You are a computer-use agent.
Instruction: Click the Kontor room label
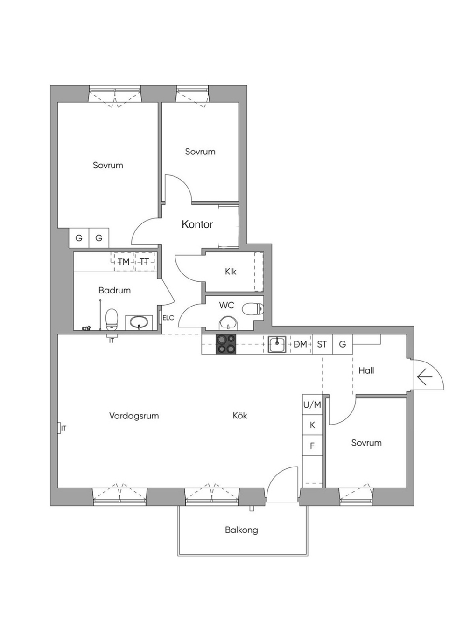pyautogui.click(x=197, y=224)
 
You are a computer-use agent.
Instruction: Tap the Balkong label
pyautogui.click(x=241, y=530)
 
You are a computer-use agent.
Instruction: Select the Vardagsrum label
pyautogui.click(x=134, y=416)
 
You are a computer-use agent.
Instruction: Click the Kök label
pyautogui.click(x=239, y=415)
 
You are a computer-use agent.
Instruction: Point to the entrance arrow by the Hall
pyautogui.click(x=425, y=377)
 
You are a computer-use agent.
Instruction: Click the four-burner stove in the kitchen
pyautogui.click(x=226, y=344)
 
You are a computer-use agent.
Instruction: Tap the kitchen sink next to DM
pyautogui.click(x=277, y=344)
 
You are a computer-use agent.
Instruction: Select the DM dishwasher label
pyautogui.click(x=300, y=344)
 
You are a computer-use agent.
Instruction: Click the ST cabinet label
pyautogui.click(x=322, y=344)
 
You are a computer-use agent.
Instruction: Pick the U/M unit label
pyautogui.click(x=312, y=405)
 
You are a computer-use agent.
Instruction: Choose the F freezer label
pyautogui.click(x=312, y=446)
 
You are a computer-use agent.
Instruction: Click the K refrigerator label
pyautogui.click(x=312, y=425)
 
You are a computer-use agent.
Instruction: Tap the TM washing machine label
pyautogui.click(x=123, y=262)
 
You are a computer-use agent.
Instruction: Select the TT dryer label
pyautogui.click(x=144, y=262)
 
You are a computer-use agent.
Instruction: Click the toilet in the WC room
pyautogui.click(x=253, y=309)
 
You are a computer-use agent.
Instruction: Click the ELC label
pyautogui.click(x=168, y=318)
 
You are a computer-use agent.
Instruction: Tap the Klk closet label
pyautogui.click(x=231, y=271)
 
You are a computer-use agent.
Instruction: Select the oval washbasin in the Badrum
pyautogui.click(x=139, y=322)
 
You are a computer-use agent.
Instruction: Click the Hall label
pyautogui.click(x=366, y=370)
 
